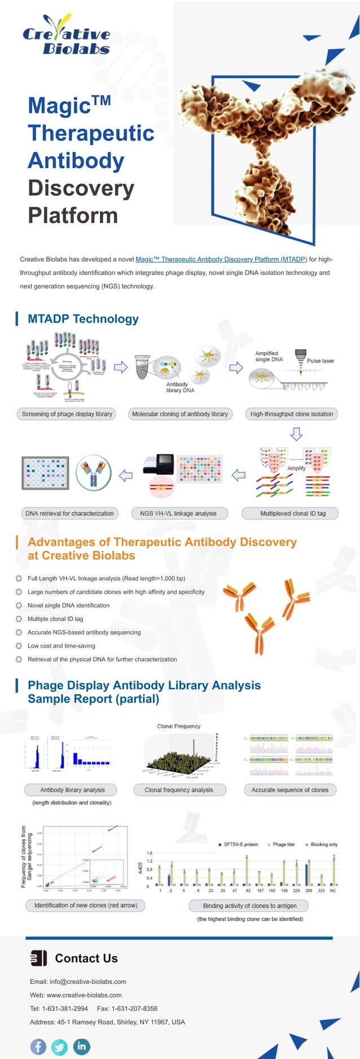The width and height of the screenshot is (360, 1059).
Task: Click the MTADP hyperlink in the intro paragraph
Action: pyautogui.click(x=221, y=259)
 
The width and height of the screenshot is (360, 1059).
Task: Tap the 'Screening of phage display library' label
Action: pyautogui.click(x=67, y=414)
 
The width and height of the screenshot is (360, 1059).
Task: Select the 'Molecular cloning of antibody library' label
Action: pyautogui.click(x=180, y=414)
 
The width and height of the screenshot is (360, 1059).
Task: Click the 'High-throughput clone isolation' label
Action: pyautogui.click(x=291, y=414)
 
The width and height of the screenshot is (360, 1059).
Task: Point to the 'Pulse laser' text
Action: pyautogui.click(x=320, y=361)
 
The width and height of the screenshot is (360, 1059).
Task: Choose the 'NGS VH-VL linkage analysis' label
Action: pyautogui.click(x=178, y=513)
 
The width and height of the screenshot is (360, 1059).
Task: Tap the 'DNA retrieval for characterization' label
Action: pyautogui.click(x=69, y=513)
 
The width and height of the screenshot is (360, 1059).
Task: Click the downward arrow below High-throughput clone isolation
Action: pyautogui.click(x=296, y=434)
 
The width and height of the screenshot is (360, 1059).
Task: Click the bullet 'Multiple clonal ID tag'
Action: pyautogui.click(x=55, y=619)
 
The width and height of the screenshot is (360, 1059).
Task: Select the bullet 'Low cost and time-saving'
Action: pyautogui.click(x=61, y=646)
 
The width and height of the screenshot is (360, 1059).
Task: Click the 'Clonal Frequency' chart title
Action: pyautogui.click(x=178, y=726)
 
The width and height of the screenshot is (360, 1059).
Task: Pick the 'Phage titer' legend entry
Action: pyautogui.click(x=283, y=844)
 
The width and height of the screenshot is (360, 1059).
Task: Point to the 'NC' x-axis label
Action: pyautogui.click(x=332, y=890)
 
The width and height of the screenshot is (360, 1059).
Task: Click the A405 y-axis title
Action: pyautogui.click(x=141, y=868)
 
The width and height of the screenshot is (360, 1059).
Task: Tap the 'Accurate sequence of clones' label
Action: pyautogui.click(x=289, y=790)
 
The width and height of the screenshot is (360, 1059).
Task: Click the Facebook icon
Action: pyautogui.click(x=38, y=1046)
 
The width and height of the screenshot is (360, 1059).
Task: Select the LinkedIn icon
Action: pyautogui.click(x=81, y=1046)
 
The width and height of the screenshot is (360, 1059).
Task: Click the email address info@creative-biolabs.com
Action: pyautogui.click(x=87, y=981)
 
